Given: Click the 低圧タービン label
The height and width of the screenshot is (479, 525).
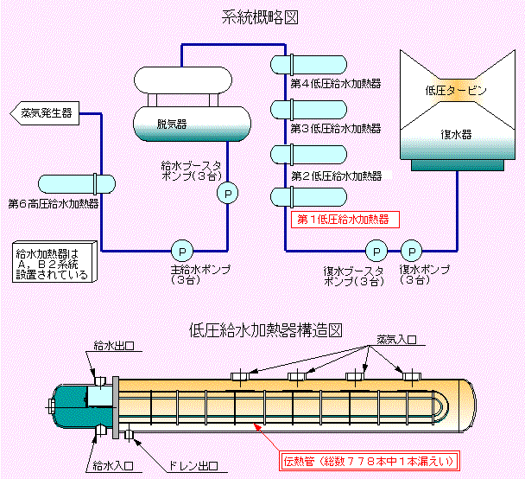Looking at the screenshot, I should tap(456, 89).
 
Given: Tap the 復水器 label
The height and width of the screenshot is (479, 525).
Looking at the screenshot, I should tap(456, 135).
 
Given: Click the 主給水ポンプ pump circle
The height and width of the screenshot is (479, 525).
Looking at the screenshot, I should tap(182, 251).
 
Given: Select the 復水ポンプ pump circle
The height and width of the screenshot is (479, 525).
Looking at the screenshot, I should tap(413, 251).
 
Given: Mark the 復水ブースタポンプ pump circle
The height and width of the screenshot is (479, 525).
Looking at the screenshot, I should tap(376, 251).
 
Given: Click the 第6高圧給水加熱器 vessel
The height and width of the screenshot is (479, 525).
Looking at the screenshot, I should tap(77, 185).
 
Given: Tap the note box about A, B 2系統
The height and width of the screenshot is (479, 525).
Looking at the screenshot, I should tap(52, 263).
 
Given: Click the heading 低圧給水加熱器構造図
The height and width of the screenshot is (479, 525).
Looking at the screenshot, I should tap(266, 329).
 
